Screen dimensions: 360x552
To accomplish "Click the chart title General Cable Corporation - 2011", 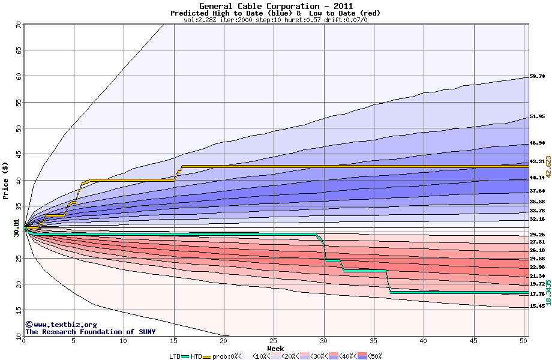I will pyautogui.click(x=275, y=5).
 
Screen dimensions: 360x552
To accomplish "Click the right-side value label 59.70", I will pyautogui.click(x=536, y=77).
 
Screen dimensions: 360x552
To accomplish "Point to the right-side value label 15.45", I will pyautogui.click(x=536, y=306).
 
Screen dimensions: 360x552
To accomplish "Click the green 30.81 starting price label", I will pyautogui.click(x=16, y=229).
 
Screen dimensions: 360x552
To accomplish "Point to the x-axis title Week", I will pyautogui.click(x=275, y=348).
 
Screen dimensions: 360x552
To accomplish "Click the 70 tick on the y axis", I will pyautogui.click(x=19, y=25).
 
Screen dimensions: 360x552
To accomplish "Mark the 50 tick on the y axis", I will pyautogui.click(x=19, y=128).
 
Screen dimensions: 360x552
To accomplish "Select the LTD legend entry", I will pyautogui.click(x=175, y=356).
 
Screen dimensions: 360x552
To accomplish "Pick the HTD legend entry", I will pyautogui.click(x=196, y=356).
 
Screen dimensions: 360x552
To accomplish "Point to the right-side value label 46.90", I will pyautogui.click(x=536, y=143).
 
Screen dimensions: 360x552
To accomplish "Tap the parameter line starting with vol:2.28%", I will pyautogui.click(x=275, y=20).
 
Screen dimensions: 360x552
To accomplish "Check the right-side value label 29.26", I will pyautogui.click(x=536, y=235).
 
